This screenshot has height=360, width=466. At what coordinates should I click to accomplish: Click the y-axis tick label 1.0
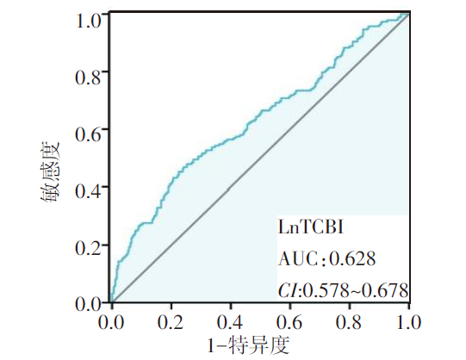pos(89,21)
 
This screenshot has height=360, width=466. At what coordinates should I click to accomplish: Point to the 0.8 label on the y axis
pos(88,78)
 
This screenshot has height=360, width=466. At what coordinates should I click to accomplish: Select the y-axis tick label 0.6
pos(88,134)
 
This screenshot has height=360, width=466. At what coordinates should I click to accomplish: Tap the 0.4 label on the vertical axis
pos(88,191)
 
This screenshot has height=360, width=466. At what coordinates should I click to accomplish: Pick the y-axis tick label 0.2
pos(88,248)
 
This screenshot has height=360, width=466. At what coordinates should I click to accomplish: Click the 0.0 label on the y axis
pos(88,304)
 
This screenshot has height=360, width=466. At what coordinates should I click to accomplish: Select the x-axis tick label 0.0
pos(111,322)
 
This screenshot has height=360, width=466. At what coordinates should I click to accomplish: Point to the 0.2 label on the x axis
pos(171,322)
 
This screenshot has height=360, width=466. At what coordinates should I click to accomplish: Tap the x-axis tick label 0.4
pos(230,322)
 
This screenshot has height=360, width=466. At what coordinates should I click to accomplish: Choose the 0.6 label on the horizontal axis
pos(289,322)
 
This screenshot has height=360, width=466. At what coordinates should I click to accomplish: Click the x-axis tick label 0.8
pos(349,322)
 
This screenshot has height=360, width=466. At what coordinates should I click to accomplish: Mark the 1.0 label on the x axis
pos(409,322)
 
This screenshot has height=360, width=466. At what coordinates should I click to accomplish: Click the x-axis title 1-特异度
pos(248,345)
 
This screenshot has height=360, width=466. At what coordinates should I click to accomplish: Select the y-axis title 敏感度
pos(50,172)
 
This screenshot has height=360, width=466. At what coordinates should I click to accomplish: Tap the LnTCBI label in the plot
pos(311,228)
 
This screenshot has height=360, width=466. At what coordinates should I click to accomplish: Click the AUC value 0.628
pos(352,258)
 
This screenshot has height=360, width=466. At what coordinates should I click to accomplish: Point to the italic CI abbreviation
pos(288,290)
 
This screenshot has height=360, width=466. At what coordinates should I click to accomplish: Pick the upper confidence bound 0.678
pos(385,290)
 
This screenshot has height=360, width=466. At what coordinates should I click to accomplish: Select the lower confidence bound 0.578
pos(326,290)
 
